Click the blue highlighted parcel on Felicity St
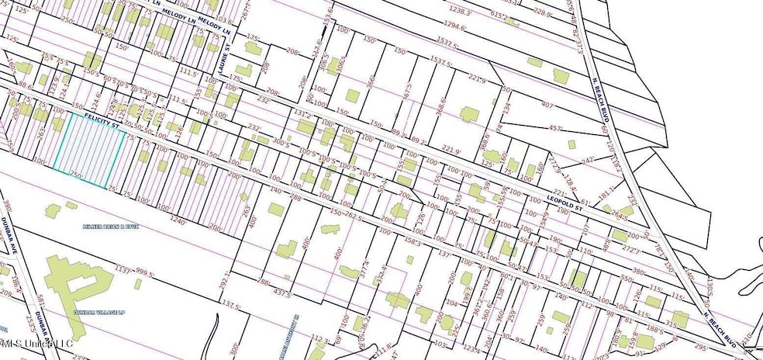(90, 151)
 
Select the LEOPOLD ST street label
(564, 202)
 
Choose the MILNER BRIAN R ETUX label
(109, 227)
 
